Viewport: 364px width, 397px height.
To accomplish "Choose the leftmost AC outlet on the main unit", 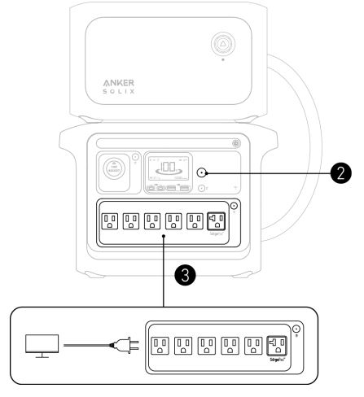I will [x=109, y=220].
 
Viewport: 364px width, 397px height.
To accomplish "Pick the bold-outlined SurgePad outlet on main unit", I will [x=217, y=220].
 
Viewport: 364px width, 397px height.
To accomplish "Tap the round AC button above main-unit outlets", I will [x=234, y=206].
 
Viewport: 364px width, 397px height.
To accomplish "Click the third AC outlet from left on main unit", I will [x=152, y=220].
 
